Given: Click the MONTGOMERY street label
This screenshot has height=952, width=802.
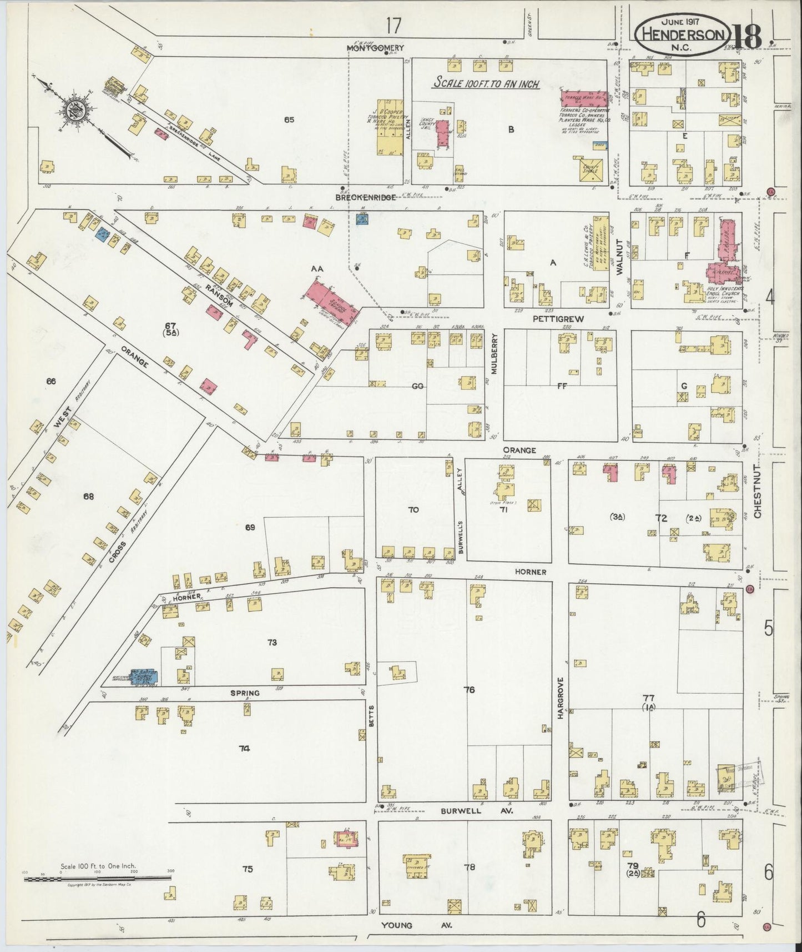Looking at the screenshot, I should (x=375, y=48).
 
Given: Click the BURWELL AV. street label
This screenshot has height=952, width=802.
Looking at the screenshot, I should (x=477, y=811).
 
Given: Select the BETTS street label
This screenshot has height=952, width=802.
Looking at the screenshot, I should (x=372, y=718).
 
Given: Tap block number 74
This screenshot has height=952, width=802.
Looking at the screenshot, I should (x=244, y=748).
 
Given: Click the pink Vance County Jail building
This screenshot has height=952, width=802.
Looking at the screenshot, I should (x=443, y=134).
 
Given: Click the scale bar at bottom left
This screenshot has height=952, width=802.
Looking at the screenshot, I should (x=97, y=878).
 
